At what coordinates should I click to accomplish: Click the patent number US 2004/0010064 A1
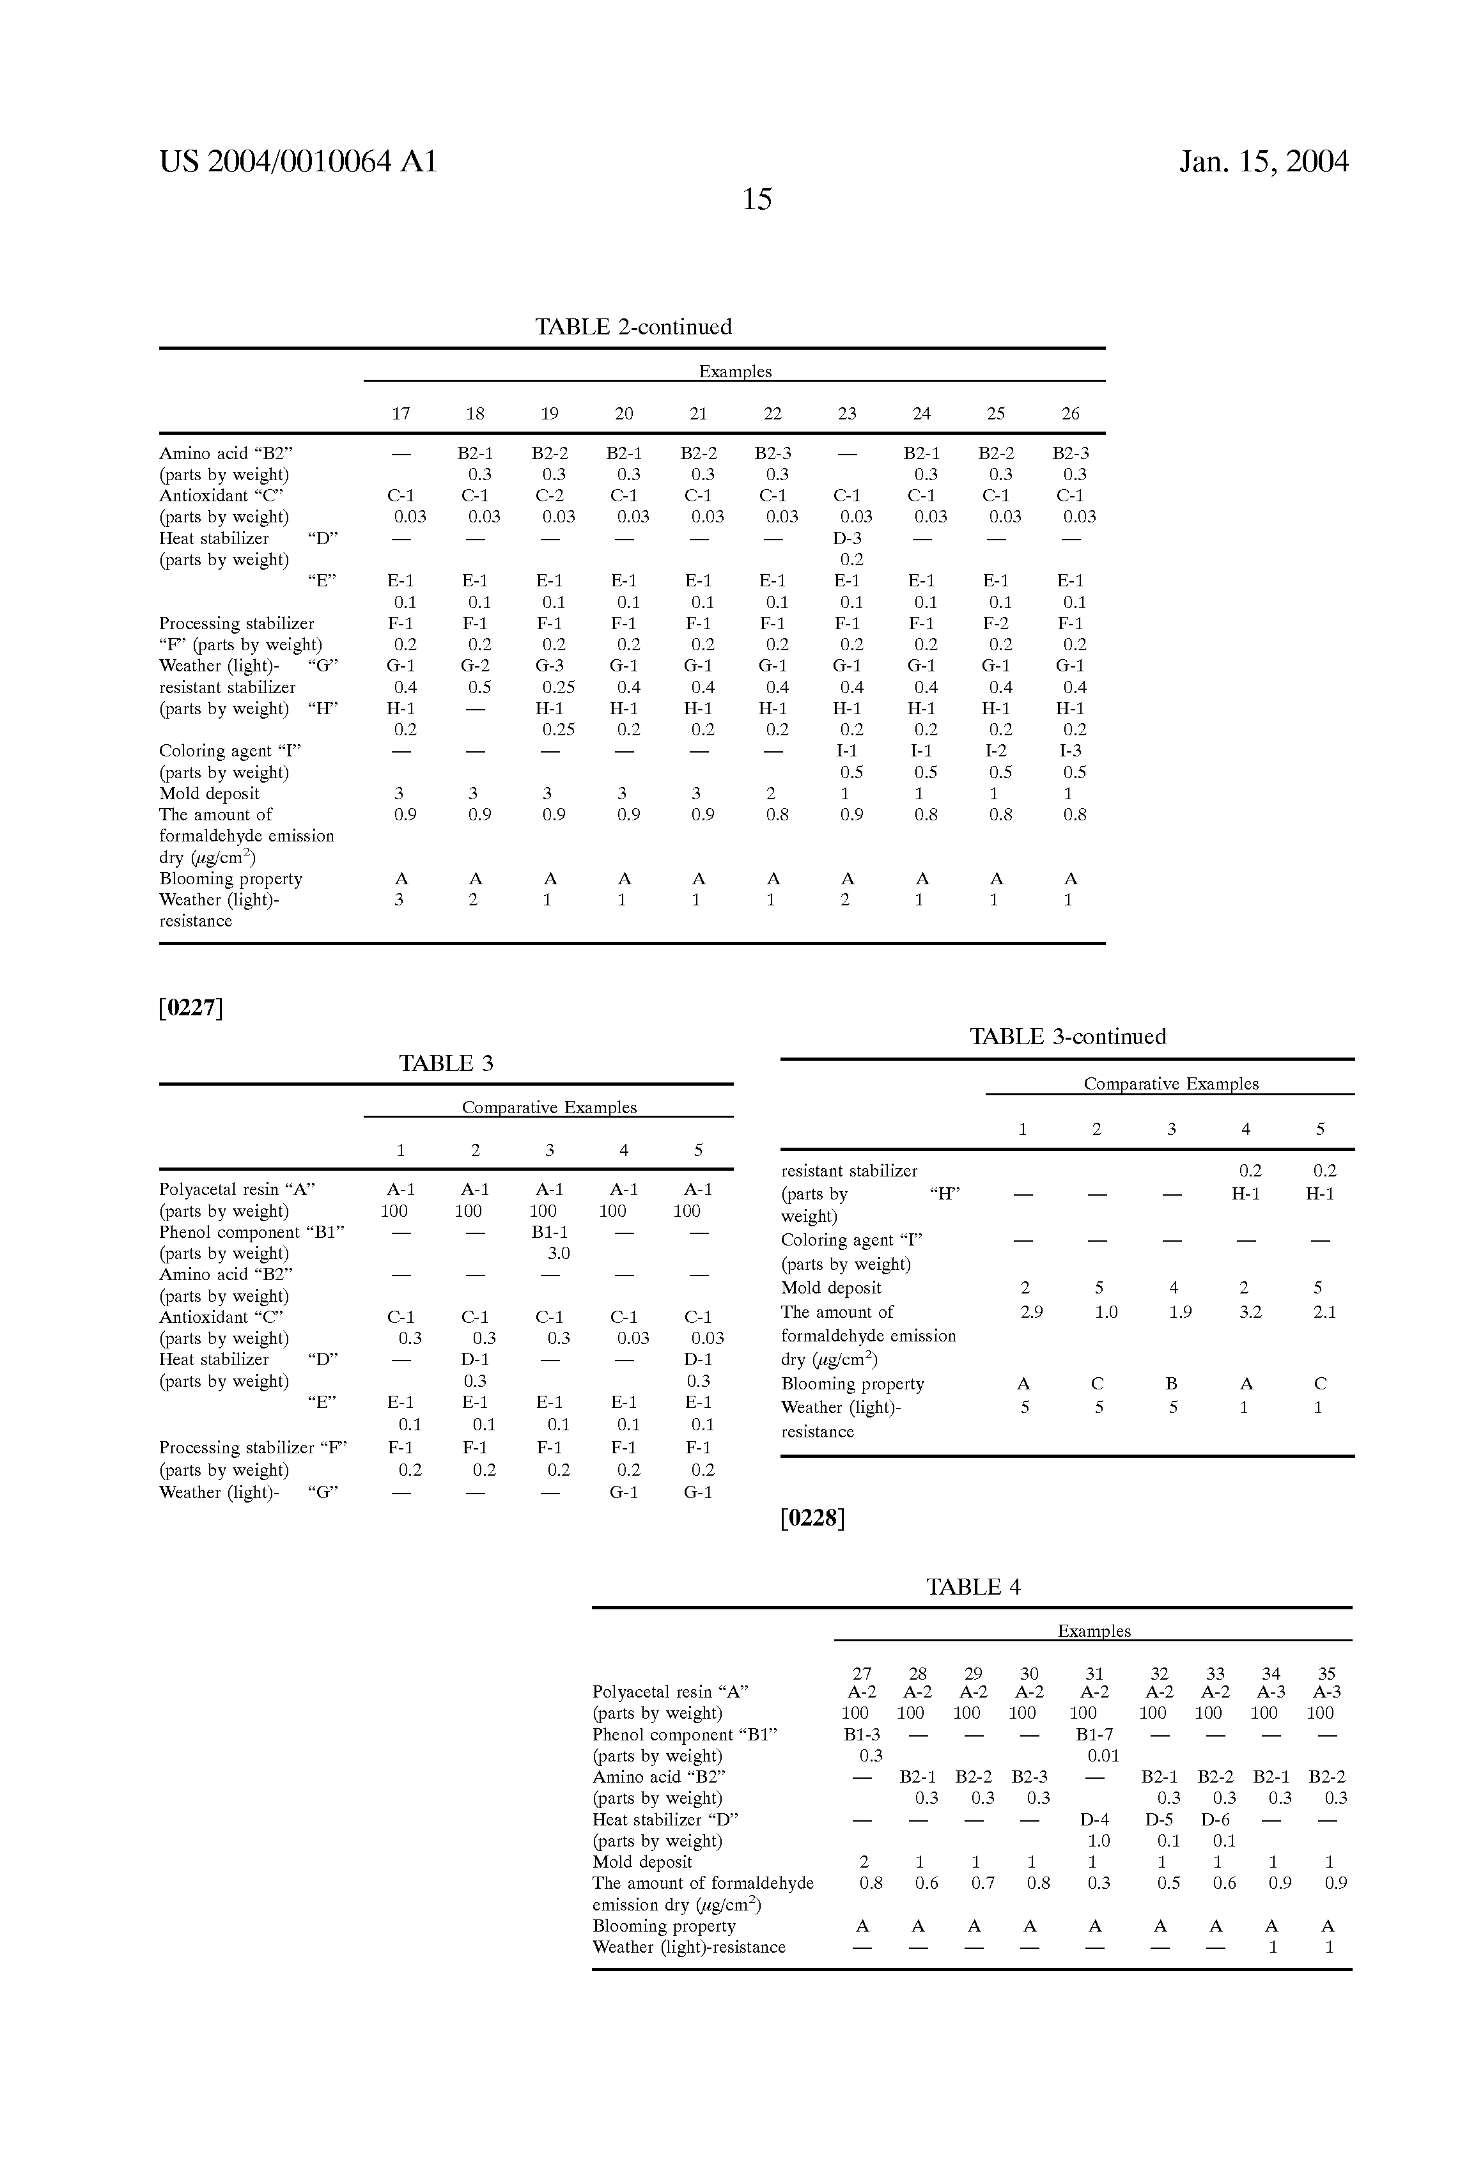298,162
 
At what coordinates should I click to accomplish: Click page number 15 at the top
756,199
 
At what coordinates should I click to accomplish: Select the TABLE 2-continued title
633,327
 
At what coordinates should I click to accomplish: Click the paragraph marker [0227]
191,1008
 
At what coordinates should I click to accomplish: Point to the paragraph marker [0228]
812,1518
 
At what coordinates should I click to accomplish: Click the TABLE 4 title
973,1588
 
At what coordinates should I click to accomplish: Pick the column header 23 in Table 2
846,414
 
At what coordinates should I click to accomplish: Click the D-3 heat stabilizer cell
848,538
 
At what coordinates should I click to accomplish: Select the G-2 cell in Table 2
476,666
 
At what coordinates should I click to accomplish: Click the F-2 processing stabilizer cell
995,623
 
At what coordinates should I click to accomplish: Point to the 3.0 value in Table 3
559,1254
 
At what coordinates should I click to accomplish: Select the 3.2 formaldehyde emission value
1250,1313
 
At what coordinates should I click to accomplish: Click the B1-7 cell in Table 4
1094,1735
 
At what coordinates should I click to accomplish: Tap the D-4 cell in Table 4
1094,1820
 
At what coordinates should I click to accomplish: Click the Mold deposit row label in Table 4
642,1862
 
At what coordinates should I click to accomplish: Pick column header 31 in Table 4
1094,1674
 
